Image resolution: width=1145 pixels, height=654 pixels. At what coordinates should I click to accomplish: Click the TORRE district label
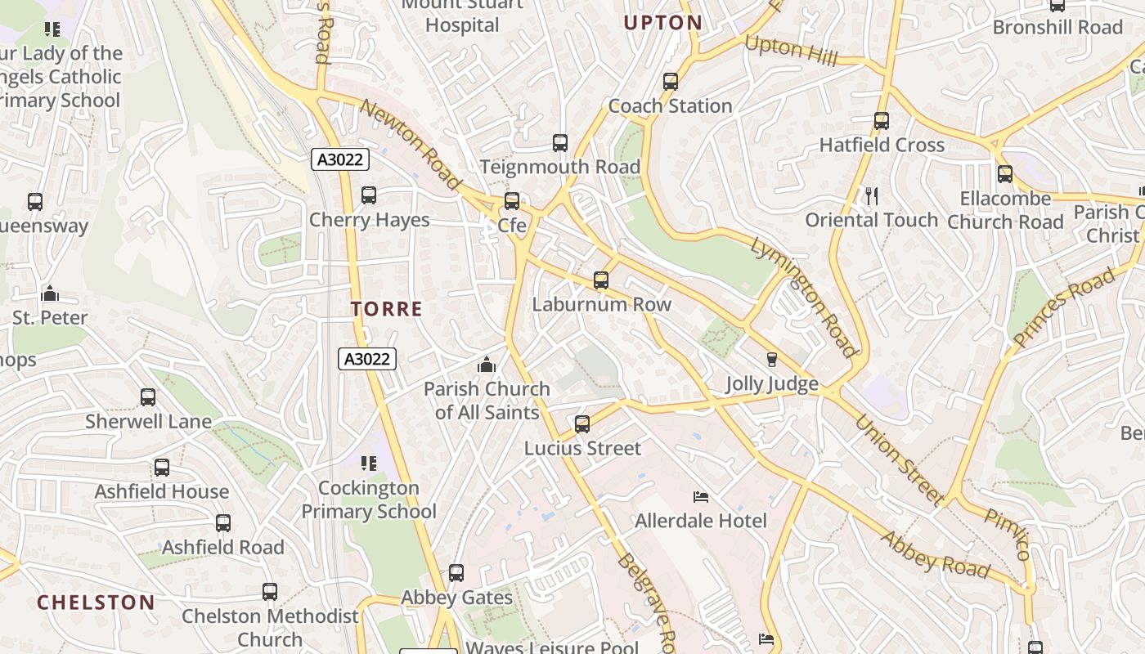[387, 309]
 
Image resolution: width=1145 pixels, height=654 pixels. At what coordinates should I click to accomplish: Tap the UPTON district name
[662, 23]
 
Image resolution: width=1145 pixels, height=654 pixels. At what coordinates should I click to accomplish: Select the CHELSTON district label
[96, 603]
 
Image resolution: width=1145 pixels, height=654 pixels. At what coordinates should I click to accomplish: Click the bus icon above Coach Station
[671, 82]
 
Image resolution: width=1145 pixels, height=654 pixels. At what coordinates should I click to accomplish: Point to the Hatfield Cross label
[882, 146]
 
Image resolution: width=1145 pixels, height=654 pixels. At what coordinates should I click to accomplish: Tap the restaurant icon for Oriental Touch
[872, 196]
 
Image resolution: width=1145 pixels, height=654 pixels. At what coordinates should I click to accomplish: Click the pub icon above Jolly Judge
[771, 360]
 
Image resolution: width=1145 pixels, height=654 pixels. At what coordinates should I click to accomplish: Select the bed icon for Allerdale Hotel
[701, 496]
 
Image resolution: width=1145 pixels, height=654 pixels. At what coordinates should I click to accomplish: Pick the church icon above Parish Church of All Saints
[487, 365]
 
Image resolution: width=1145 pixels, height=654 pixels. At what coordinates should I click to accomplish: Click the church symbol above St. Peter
[50, 293]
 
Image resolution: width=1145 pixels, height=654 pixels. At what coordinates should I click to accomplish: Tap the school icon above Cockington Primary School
[369, 464]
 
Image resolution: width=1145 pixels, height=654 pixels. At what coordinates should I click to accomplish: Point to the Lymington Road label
[803, 296]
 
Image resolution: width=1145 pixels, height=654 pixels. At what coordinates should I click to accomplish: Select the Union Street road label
[899, 459]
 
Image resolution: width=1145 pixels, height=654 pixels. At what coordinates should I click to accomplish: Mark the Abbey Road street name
[935, 555]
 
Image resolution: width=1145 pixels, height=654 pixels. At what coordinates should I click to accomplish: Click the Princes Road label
[1064, 304]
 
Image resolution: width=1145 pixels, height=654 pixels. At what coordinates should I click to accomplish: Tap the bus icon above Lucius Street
[582, 424]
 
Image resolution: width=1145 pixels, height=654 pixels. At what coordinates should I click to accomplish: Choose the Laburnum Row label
[601, 305]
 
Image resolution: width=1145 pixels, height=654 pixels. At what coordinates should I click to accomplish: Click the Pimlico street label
[1008, 534]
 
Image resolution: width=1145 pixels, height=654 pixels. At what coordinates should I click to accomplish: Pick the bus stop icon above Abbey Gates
[456, 573]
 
